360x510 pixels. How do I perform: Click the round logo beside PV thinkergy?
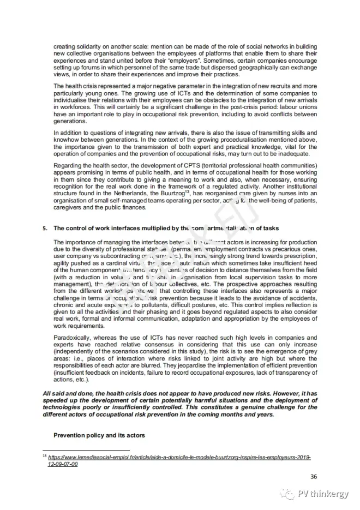click(287, 494)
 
